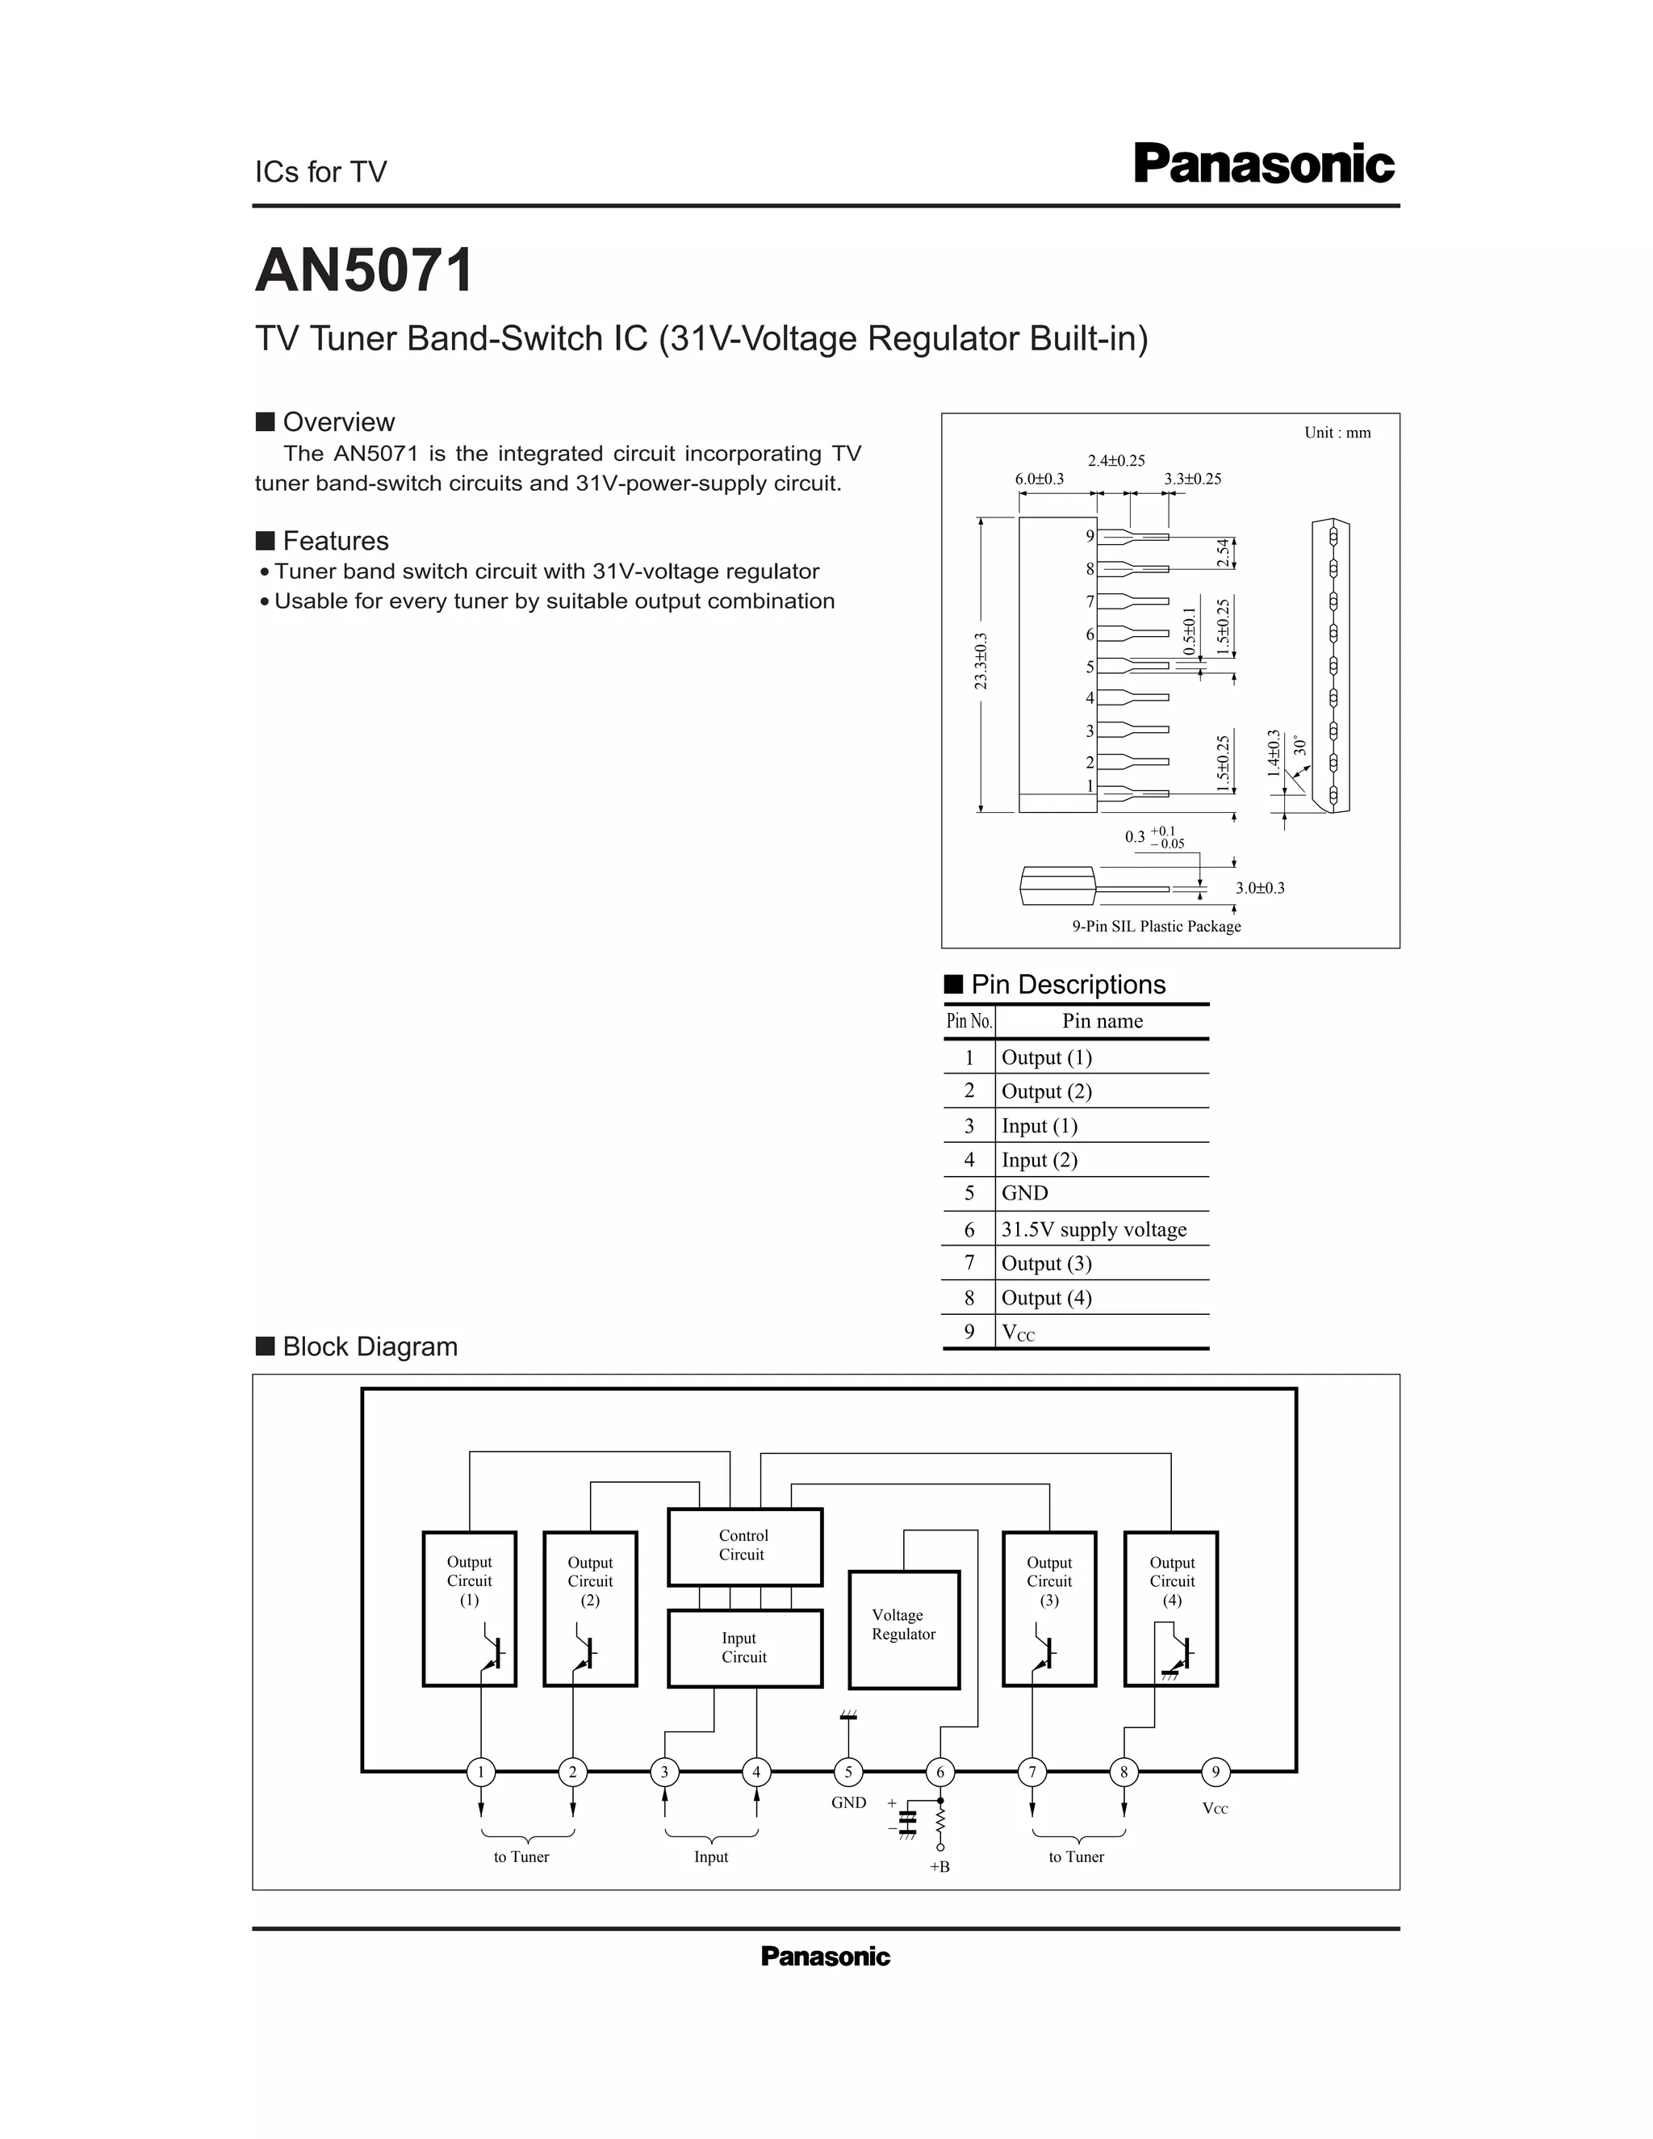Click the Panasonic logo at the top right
click(1263, 165)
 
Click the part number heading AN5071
click(364, 270)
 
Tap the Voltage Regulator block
click(903, 1629)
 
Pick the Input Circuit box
click(744, 1648)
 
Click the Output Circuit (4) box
click(1171, 1608)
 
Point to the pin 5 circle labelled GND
click(848, 1771)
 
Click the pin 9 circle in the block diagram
click(1216, 1771)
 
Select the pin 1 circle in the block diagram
click(481, 1771)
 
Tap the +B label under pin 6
click(939, 1867)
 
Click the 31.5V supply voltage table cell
click(1094, 1229)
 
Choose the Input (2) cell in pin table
click(1039, 1160)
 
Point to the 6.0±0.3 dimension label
click(1039, 479)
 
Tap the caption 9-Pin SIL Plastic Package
click(1157, 927)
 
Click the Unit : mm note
click(1337, 433)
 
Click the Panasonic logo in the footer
click(826, 1957)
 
